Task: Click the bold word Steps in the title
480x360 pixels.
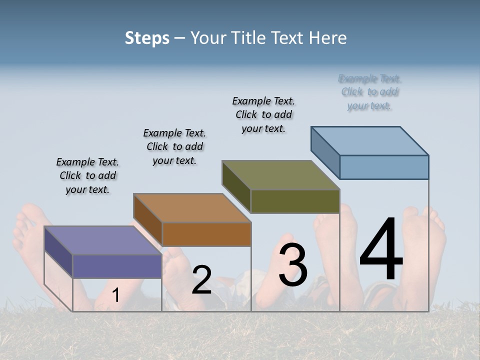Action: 147,38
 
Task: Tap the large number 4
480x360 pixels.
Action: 381,249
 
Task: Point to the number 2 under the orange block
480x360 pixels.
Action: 201,280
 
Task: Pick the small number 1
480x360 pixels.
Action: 115,295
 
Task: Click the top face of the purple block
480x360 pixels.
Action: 103,240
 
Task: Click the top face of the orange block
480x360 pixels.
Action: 192,207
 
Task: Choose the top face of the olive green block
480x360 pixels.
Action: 281,175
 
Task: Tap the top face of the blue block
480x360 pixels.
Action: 370,140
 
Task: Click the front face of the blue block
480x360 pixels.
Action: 384,167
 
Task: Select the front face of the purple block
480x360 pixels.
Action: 117,266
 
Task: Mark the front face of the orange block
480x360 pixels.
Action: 206,234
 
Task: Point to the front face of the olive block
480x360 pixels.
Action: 295,201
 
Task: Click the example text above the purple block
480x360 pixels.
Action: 87,175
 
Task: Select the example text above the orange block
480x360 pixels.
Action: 174,146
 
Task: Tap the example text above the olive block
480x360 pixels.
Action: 263,114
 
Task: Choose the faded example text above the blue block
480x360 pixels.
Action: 369,92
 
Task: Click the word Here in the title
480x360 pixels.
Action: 330,38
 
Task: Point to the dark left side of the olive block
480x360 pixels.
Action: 236,186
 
